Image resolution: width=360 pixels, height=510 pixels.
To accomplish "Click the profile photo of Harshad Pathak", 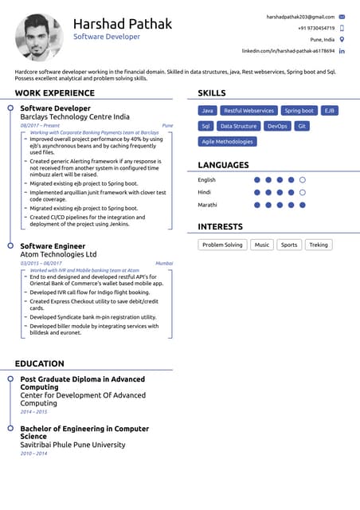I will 38,37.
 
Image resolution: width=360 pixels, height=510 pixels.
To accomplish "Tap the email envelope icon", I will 342,16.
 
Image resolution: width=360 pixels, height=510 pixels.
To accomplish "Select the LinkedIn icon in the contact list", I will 342,51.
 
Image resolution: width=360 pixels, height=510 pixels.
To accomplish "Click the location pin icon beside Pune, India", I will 342,39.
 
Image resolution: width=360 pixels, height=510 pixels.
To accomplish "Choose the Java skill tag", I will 207,111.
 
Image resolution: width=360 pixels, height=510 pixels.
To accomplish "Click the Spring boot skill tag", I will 299,111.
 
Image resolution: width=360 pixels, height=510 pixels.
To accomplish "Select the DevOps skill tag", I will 277,126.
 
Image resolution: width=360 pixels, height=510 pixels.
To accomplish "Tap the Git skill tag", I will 302,126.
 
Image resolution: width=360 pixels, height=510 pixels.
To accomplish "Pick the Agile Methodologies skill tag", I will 227,142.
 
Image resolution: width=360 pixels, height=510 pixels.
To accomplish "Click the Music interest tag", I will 261,245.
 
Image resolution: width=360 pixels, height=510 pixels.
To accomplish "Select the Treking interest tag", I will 318,245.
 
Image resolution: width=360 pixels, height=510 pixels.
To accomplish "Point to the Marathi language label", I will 207,205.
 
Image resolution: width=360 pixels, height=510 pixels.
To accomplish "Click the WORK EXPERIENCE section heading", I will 55,93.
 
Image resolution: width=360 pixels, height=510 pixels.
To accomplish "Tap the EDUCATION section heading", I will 40,364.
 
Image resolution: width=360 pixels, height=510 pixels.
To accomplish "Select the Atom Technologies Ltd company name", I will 58,254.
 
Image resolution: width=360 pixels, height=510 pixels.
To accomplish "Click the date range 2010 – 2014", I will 33,453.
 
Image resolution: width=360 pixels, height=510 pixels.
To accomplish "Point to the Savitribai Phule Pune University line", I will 72,445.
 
